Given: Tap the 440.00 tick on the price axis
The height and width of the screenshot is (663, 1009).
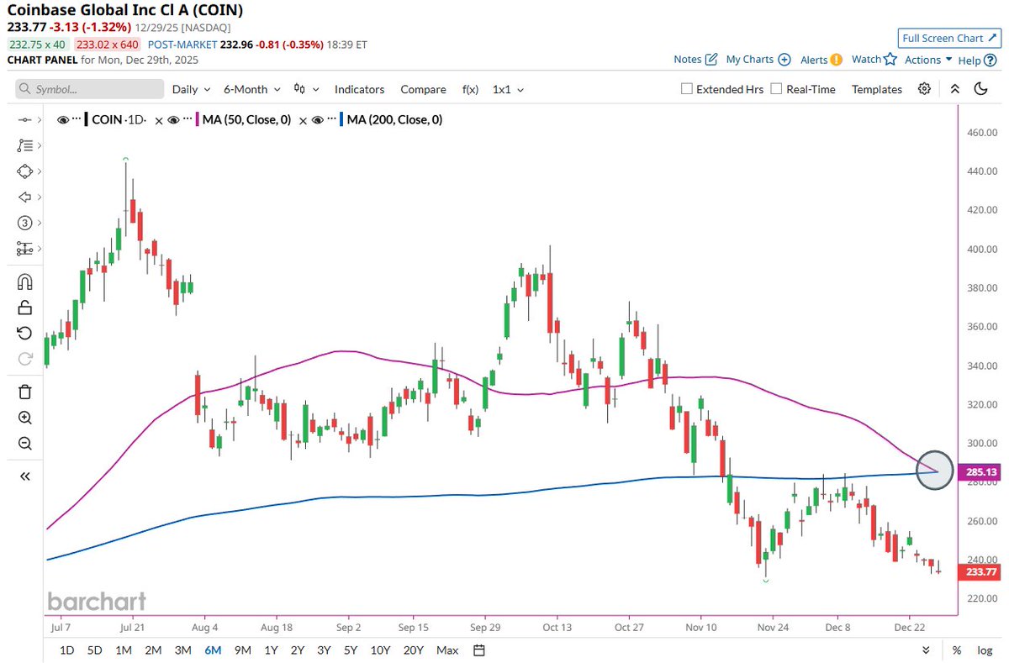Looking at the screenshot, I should [x=981, y=171].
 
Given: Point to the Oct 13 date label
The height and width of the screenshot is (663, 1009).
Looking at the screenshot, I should [x=556, y=627].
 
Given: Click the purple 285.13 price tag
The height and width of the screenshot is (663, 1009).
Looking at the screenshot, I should [x=980, y=472].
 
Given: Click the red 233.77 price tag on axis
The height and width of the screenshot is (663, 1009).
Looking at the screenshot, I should [x=980, y=572].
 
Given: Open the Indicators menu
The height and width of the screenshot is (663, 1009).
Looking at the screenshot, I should [x=359, y=89].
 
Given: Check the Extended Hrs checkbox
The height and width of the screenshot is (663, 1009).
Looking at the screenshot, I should [x=687, y=89].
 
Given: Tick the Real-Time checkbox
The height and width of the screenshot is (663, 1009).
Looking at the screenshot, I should [x=776, y=89].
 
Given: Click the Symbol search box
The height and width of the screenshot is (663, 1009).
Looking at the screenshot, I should [x=90, y=89].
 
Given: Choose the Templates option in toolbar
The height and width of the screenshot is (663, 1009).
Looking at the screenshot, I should [x=876, y=89].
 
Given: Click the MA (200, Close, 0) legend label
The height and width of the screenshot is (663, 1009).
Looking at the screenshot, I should [x=394, y=120].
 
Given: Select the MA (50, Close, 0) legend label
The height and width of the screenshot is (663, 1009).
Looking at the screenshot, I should [x=246, y=120].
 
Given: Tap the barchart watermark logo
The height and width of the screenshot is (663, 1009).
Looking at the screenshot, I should [x=97, y=601].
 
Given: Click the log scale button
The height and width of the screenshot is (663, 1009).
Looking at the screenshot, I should [x=985, y=650].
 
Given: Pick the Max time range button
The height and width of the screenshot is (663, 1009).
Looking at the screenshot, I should [x=447, y=650].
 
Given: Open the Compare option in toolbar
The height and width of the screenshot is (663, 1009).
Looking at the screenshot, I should [x=423, y=89].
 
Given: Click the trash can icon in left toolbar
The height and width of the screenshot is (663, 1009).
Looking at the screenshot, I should [x=24, y=392].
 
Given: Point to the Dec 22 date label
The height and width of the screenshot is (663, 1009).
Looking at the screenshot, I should [x=910, y=627].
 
